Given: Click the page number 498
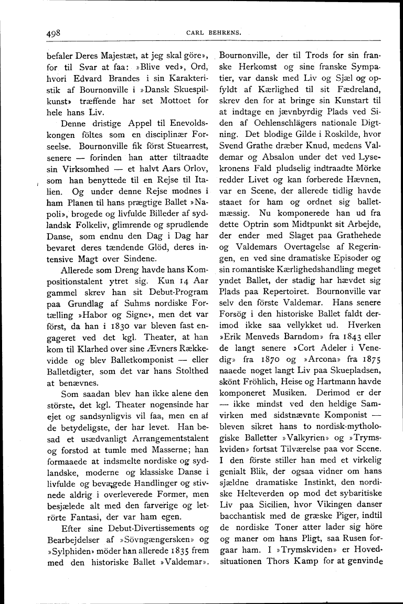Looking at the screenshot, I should coord(54,32).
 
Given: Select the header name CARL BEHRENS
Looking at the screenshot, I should coord(214,33).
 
